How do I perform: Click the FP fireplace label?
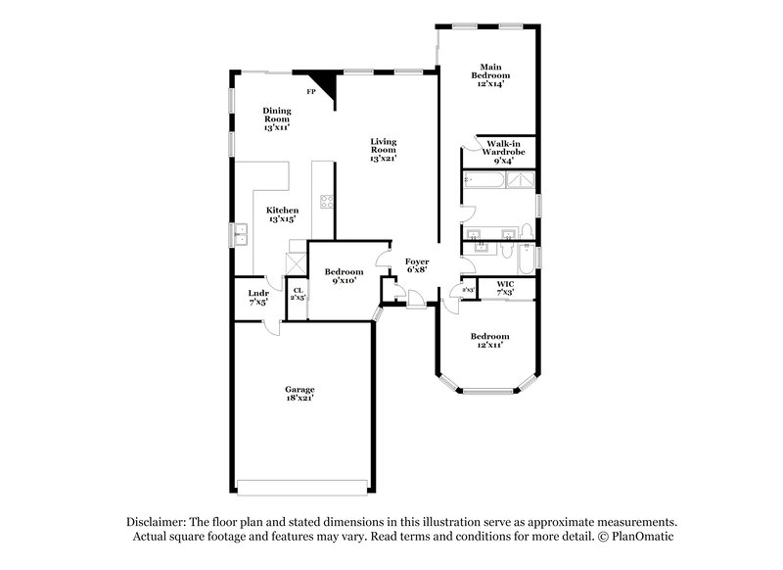tap(310, 92)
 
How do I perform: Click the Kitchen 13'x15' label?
tap(283, 215)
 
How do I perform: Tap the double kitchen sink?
tap(240, 235)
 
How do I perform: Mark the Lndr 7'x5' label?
tap(257, 297)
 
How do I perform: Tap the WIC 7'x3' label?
tap(505, 287)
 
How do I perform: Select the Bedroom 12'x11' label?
tap(489, 341)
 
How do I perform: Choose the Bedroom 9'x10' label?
tap(344, 276)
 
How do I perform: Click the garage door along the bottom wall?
tap(303, 487)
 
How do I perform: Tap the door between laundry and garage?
tap(271, 323)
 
